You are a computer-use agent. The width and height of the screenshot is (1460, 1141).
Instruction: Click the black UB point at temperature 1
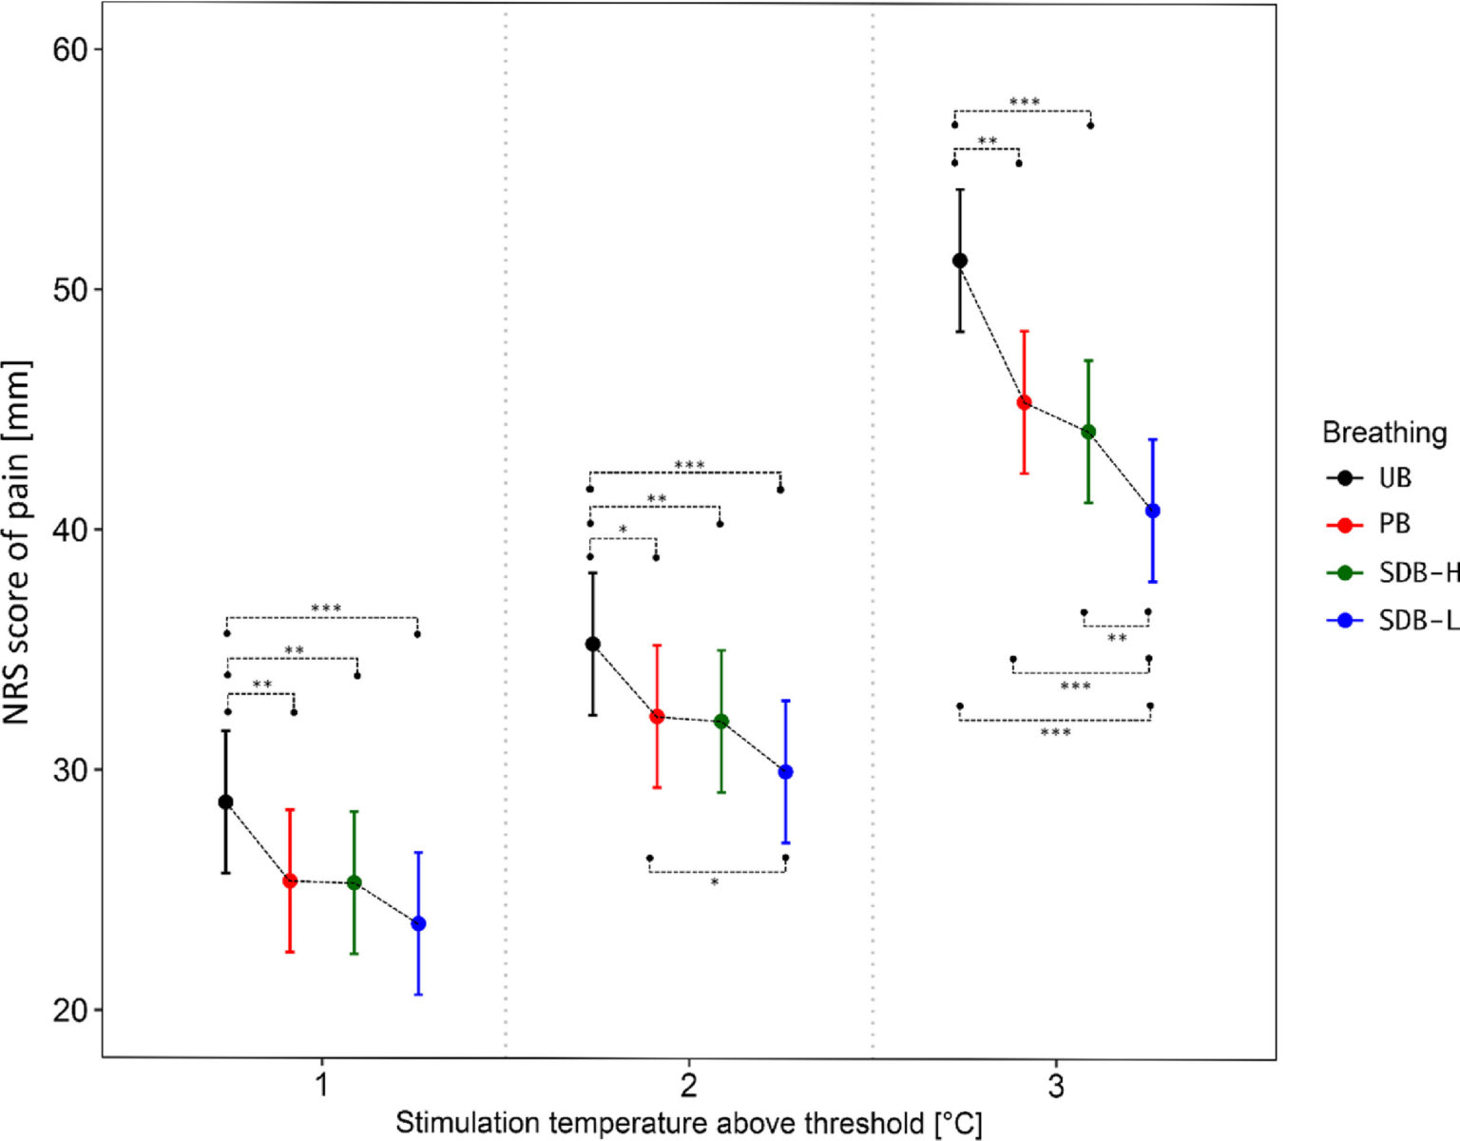tap(225, 802)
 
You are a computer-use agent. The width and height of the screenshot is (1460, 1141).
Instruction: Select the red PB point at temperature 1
tap(290, 880)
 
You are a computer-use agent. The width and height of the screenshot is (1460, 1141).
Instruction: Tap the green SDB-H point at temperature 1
tap(355, 882)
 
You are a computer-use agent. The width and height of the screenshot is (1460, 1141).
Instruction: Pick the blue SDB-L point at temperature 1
tap(418, 923)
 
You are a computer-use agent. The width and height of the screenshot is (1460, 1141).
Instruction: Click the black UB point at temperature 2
tap(593, 644)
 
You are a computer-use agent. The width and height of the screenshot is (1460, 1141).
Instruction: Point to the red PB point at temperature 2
tap(657, 716)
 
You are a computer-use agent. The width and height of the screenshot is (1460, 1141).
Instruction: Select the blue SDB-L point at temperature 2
tap(785, 771)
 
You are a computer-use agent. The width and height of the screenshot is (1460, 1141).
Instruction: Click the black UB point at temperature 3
tap(960, 261)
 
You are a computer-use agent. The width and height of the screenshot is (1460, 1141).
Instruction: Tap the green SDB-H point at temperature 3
tap(1088, 432)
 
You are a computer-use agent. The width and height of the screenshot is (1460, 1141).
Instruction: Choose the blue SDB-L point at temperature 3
tap(1153, 511)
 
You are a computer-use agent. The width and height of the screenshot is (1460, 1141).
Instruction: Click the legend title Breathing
tap(1384, 433)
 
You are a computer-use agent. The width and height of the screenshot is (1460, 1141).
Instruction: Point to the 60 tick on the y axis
tap(69, 49)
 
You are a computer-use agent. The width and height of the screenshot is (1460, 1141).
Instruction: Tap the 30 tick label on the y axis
tap(69, 769)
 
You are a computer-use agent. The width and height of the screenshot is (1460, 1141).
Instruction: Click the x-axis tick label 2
tap(688, 1085)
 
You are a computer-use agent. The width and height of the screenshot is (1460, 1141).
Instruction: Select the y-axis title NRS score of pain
tap(17, 542)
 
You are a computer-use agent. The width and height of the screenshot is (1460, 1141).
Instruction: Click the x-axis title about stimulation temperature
tap(688, 1123)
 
